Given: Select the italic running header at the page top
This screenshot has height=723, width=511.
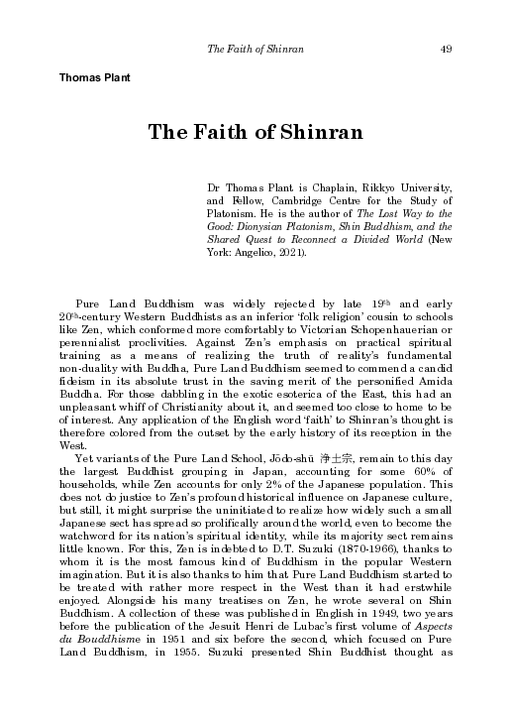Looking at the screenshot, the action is pos(255,50).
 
